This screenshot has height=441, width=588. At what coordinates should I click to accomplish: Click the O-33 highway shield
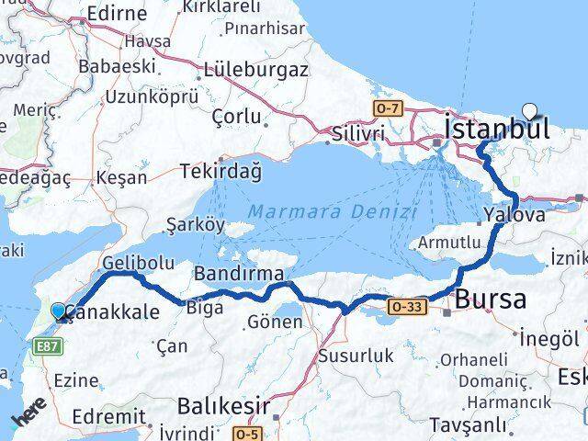pos(405,305)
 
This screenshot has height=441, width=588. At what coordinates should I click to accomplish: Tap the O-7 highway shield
pos(387,108)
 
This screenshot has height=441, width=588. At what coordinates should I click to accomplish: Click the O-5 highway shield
pos(245,432)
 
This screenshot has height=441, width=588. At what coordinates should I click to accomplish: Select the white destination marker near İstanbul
pos(529,112)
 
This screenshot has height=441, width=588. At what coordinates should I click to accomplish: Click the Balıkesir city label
pos(210,404)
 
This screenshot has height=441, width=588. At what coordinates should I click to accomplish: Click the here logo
pos(30,417)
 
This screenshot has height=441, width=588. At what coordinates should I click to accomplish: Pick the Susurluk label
pos(356,354)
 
